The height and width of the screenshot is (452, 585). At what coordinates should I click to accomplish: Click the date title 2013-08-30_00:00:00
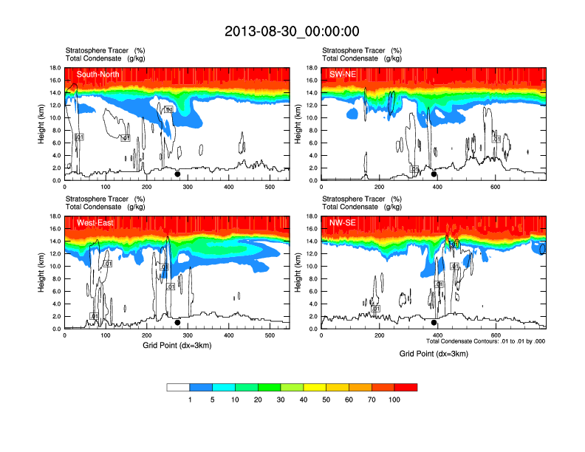pos(292,31)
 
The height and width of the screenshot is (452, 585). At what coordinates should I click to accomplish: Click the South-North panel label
pos(98,74)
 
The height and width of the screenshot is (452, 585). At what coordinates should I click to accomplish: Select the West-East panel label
pos(95,222)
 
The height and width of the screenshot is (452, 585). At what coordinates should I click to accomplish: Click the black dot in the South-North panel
pos(177,174)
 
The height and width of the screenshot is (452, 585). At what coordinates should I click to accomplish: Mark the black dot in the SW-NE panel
pos(434,174)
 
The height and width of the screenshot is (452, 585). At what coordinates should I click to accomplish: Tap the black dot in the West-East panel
pos(177,322)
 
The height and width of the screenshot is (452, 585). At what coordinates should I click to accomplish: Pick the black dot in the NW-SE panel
pos(434,322)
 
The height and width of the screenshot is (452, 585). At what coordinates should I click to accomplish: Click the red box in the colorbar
pos(406,387)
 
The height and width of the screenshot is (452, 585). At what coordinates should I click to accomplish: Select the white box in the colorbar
pos(178,387)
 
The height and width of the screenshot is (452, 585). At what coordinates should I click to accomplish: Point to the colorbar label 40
pos(303,400)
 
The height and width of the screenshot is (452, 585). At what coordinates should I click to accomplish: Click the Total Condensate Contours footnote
pos(485,340)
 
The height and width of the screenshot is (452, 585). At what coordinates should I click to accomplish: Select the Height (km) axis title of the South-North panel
pos(43,123)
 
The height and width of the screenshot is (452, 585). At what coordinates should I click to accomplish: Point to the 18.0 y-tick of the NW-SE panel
pos(312,216)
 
